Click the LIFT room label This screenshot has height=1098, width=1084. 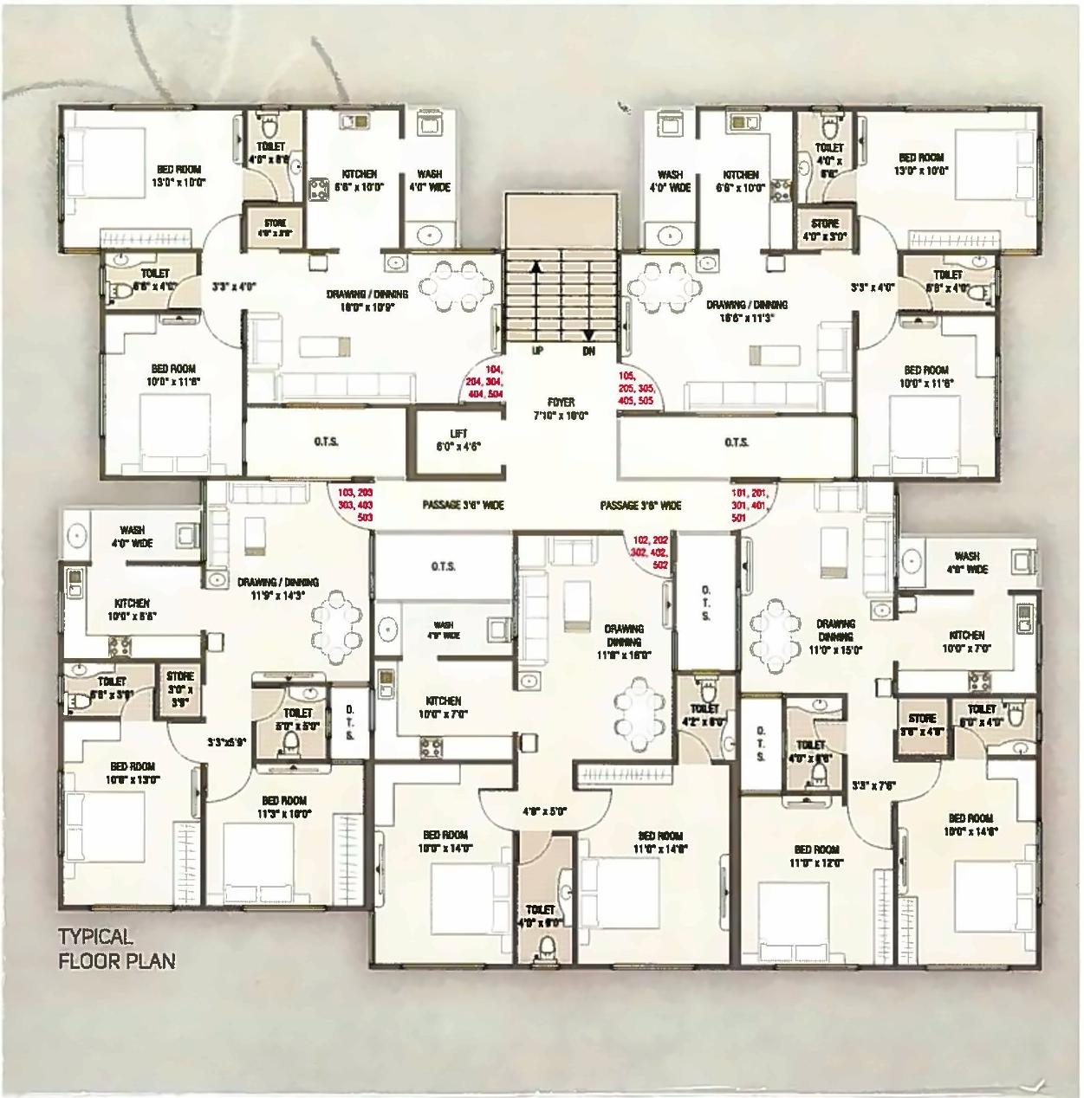[459, 440]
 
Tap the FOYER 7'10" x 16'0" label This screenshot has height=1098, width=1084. [561, 409]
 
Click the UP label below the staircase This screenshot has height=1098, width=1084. [537, 351]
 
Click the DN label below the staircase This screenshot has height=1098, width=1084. [588, 351]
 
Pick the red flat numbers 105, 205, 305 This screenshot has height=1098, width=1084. [636, 389]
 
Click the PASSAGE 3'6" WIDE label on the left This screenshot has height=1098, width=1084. [463, 505]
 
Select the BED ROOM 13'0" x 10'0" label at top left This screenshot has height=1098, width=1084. [179, 176]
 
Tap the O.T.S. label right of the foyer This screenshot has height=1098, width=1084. [737, 442]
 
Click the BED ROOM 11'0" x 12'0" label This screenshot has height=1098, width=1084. [815, 856]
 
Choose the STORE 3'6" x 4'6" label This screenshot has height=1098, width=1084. [922, 725]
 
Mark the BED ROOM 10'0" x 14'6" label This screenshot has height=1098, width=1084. [970, 823]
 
